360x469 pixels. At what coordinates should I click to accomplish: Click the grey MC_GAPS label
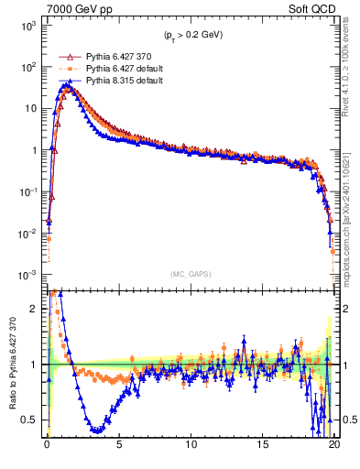point(191,273)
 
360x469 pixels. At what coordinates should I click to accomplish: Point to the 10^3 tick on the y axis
point(30,26)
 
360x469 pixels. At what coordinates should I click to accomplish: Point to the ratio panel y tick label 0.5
point(33,420)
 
